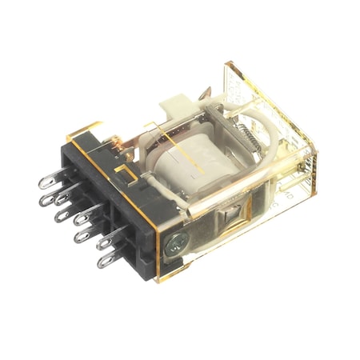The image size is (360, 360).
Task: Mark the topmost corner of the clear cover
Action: click(x=230, y=62)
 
